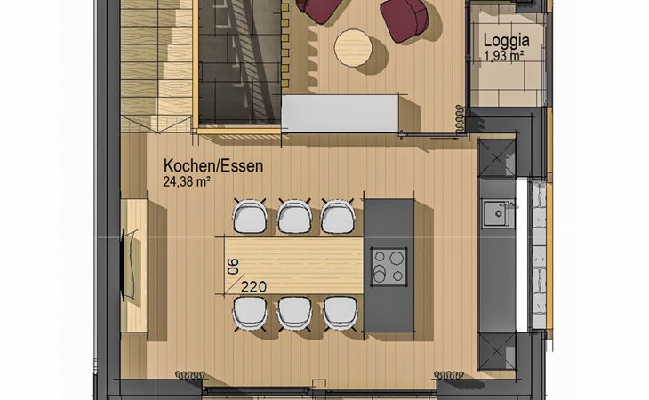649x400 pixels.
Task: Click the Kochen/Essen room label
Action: tap(213, 166)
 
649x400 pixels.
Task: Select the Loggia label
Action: tap(506, 41)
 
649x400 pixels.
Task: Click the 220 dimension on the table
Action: tap(253, 286)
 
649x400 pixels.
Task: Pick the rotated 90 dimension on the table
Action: tap(234, 267)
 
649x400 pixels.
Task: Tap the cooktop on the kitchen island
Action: tap(389, 267)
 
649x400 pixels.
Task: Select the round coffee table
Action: tap(353, 47)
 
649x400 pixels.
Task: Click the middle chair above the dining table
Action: tap(294, 216)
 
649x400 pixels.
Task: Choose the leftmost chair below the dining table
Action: tap(250, 314)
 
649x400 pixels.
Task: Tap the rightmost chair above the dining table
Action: tap(338, 216)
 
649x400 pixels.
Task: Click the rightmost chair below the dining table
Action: tap(340, 314)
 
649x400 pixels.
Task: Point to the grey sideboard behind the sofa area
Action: tap(341, 113)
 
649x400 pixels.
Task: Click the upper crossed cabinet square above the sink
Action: tap(497, 157)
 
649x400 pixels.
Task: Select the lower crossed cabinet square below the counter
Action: tap(497, 351)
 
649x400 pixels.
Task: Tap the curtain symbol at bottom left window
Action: tap(190, 375)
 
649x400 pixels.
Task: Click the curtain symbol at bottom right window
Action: tap(449, 375)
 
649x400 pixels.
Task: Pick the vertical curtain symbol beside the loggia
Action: tap(460, 119)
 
